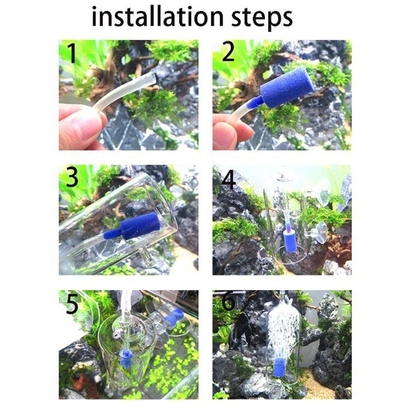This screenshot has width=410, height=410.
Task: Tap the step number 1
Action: [x=72, y=54]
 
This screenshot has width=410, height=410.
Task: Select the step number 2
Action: [x=228, y=53]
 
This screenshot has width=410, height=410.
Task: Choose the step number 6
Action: [x=228, y=303]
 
